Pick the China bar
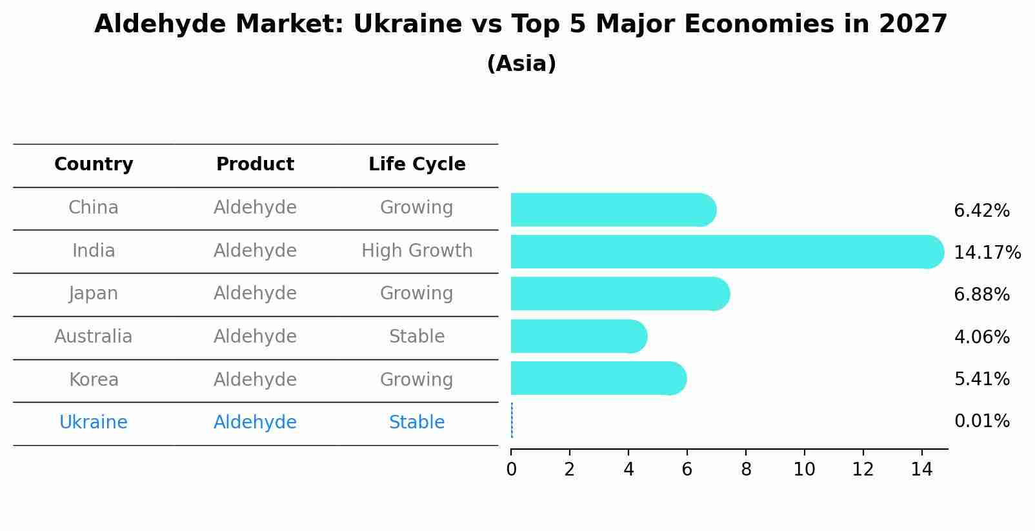click(x=613, y=210)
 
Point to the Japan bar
click(x=620, y=294)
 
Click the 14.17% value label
click(x=987, y=252)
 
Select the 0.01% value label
click(x=981, y=421)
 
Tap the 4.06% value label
click(x=981, y=337)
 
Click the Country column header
click(x=94, y=165)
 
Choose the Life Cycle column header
click(x=417, y=165)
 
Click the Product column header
click(x=255, y=165)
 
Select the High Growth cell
click(x=417, y=251)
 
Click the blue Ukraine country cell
click(x=94, y=423)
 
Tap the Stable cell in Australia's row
click(x=417, y=337)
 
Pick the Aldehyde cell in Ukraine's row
click(x=255, y=423)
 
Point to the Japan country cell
click(x=94, y=294)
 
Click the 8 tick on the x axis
click(x=746, y=470)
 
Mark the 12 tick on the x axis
click(x=863, y=470)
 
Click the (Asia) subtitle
click(x=521, y=64)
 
